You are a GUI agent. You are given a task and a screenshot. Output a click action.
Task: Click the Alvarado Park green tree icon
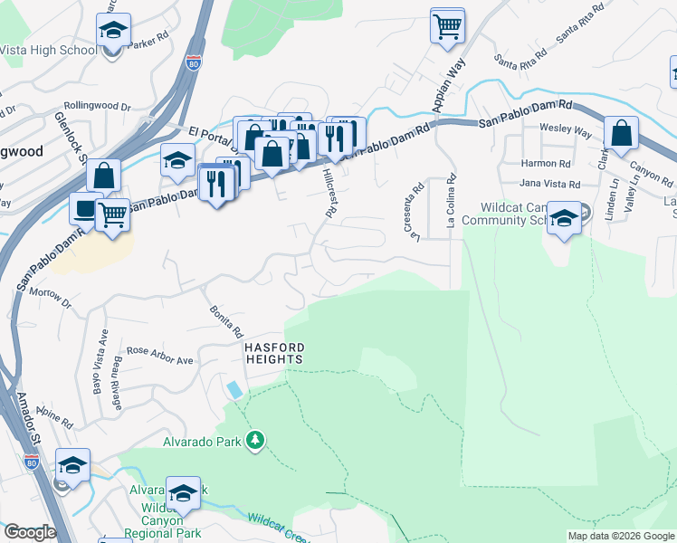[255, 439]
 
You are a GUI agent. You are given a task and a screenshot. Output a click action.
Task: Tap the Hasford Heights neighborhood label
[272, 353]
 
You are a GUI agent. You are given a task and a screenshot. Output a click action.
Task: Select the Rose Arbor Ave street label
[160, 355]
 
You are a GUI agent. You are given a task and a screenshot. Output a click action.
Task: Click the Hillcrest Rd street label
[331, 195]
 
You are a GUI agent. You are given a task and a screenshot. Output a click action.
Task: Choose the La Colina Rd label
[449, 202]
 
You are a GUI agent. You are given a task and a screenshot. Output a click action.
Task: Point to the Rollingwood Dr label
[98, 105]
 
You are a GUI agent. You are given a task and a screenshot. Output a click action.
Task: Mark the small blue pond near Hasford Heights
[234, 389]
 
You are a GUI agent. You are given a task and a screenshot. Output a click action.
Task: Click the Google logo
[29, 532]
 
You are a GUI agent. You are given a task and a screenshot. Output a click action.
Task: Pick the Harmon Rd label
[546, 164]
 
